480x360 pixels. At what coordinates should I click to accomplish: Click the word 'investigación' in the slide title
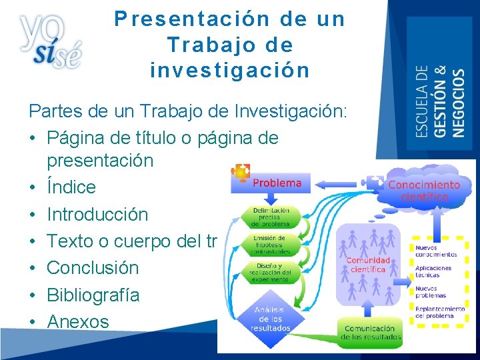click(x=230, y=70)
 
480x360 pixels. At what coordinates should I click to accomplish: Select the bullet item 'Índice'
click(x=71, y=187)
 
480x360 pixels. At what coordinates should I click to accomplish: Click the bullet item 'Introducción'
click(x=97, y=215)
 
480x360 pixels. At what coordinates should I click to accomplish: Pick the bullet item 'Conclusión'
click(x=93, y=268)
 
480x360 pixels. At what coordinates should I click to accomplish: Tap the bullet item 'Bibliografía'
click(x=93, y=295)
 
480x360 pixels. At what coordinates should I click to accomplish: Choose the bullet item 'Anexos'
click(x=77, y=322)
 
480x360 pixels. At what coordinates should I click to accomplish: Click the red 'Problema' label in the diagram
click(x=277, y=183)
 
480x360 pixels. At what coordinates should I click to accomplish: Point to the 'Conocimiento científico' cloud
click(x=424, y=191)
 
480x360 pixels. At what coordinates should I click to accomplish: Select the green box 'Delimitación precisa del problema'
click(x=270, y=217)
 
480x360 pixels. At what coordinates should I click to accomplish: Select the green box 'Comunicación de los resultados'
click(x=371, y=332)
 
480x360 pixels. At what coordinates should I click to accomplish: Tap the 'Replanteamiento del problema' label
click(x=440, y=313)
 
